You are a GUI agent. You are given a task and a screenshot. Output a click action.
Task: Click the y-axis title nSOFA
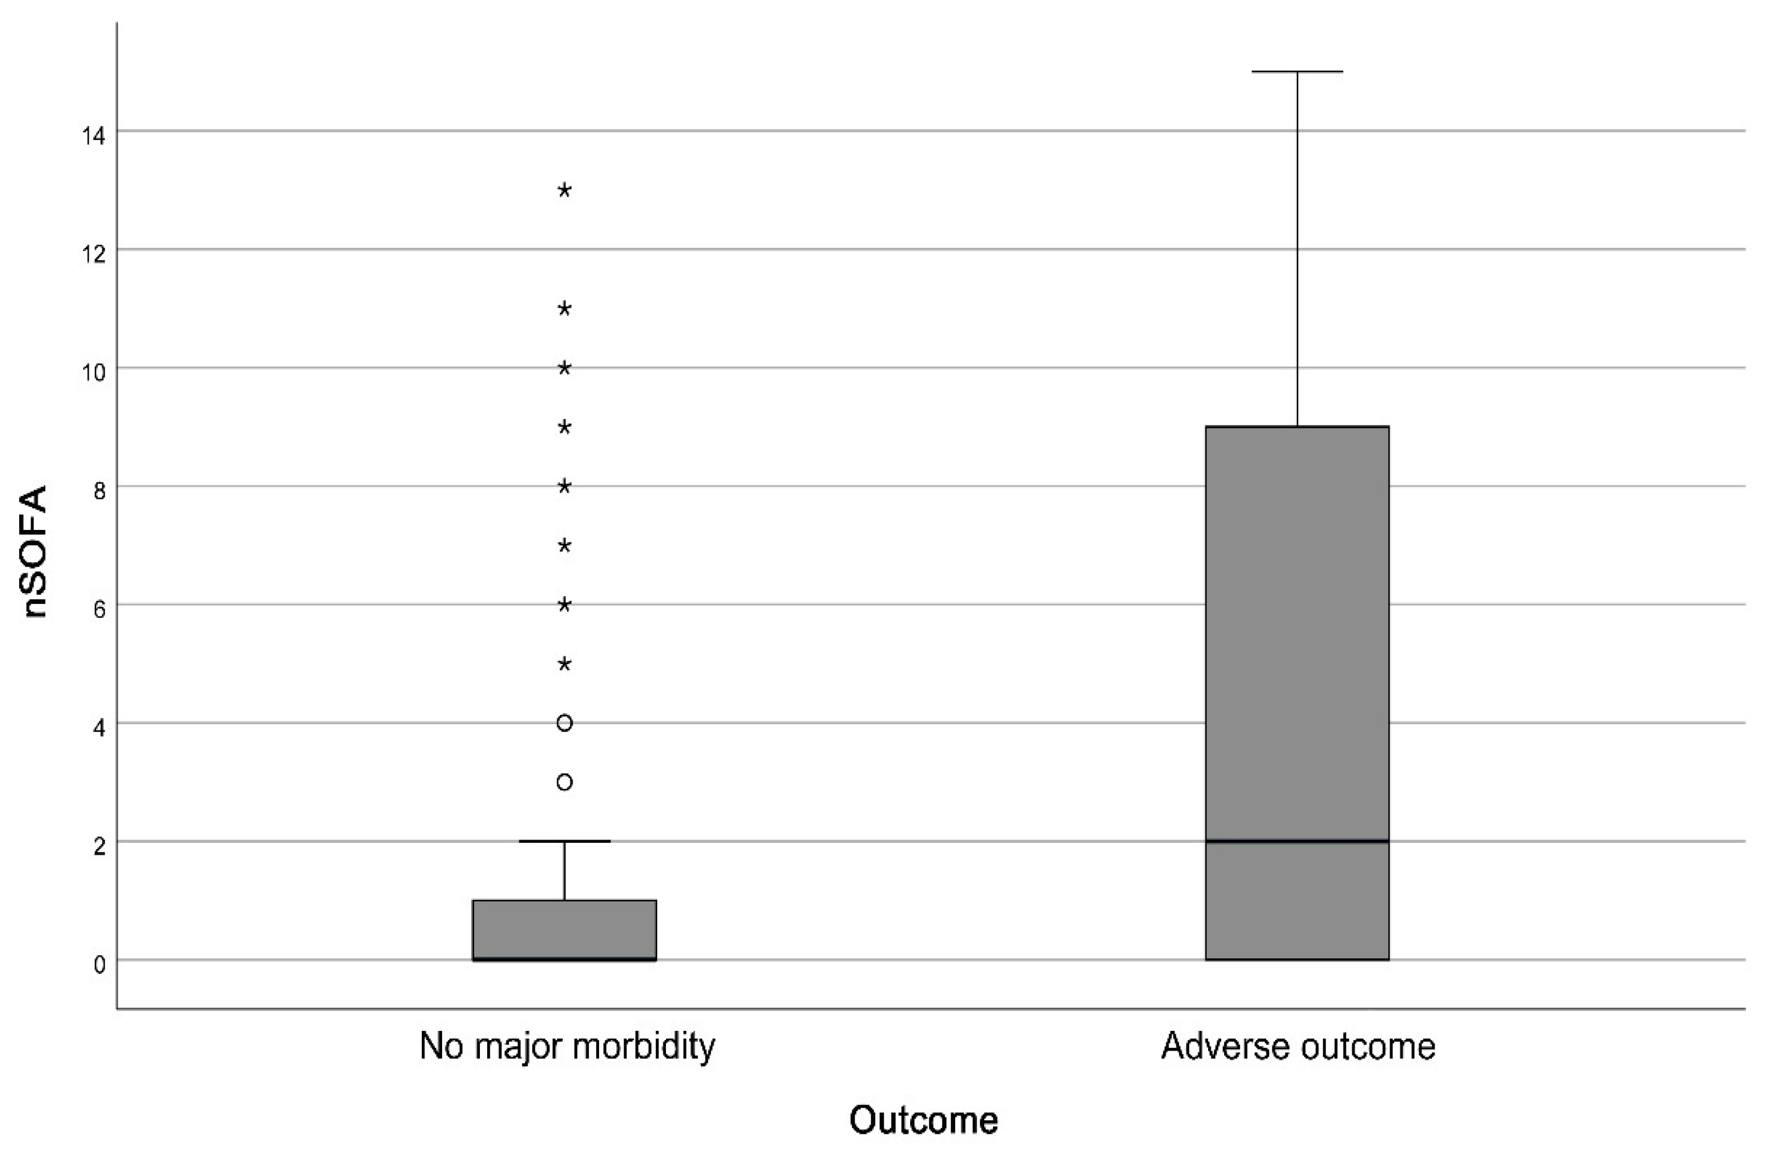[x=36, y=552]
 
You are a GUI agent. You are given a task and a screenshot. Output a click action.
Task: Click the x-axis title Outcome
[x=923, y=1120]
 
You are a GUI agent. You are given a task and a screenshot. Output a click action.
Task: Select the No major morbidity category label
[x=567, y=1046]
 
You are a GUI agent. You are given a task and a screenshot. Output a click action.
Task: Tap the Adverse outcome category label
[x=1298, y=1046]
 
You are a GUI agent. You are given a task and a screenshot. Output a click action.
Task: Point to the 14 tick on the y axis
[x=93, y=136]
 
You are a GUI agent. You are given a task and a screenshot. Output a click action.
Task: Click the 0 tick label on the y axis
[x=99, y=965]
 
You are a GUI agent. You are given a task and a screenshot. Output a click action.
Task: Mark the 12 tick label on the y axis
[x=93, y=254]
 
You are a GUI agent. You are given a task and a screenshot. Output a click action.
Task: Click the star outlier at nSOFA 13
[x=565, y=190]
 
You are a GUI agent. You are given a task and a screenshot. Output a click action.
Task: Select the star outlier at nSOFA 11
[x=565, y=308]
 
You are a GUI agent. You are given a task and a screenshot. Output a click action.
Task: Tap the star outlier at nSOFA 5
[x=565, y=664]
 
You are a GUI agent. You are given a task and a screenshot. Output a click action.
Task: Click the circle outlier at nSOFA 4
[x=565, y=723]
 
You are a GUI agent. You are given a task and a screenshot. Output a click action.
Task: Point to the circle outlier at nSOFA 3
[x=565, y=782]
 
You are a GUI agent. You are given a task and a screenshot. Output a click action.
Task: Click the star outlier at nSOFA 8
[x=565, y=486]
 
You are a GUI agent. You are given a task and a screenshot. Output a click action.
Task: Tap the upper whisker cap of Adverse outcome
[x=1297, y=71]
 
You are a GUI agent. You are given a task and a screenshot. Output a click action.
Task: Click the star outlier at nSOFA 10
[x=565, y=368]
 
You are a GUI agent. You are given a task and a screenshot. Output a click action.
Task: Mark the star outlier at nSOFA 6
[x=565, y=605]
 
